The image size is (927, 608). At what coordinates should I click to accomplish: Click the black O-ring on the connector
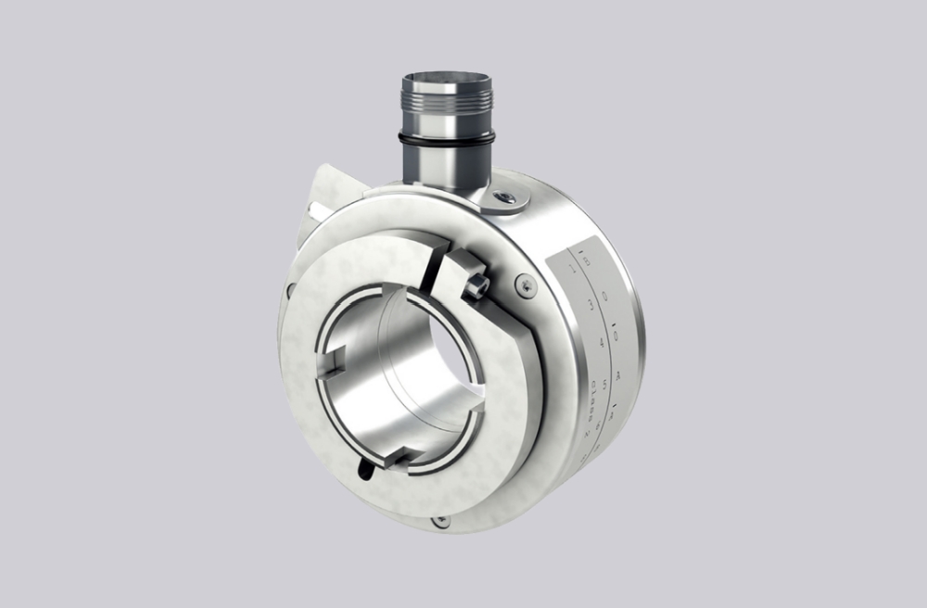[x=447, y=138]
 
